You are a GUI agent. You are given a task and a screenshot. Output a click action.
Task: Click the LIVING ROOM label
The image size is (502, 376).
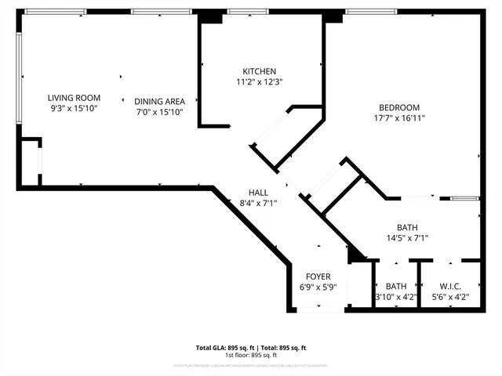click(x=72, y=97)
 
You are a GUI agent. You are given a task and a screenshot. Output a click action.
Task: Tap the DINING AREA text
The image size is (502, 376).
click(x=159, y=101)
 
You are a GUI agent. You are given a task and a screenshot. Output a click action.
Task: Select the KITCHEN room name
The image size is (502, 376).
click(x=259, y=71)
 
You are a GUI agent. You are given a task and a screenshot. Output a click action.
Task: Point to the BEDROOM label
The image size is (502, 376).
click(x=399, y=107)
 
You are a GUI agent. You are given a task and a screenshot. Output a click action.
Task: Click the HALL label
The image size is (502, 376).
click(x=258, y=192)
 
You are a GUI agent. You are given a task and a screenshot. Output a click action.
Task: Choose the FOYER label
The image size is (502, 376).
click(x=318, y=277)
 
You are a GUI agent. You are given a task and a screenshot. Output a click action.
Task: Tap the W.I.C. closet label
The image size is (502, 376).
click(x=451, y=286)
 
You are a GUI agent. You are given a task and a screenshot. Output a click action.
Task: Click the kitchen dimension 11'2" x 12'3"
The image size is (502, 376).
click(x=259, y=81)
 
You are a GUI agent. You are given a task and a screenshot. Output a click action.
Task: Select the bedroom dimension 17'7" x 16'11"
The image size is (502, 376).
click(x=399, y=118)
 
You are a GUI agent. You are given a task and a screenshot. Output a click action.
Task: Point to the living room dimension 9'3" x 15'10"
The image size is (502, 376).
click(x=72, y=108)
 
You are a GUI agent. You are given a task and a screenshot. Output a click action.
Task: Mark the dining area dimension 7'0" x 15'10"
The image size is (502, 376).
click(x=159, y=112)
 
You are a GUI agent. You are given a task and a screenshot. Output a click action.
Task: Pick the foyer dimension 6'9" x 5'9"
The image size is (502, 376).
click(x=318, y=287)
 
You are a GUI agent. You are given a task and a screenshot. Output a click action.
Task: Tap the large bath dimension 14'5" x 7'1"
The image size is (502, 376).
click(x=406, y=238)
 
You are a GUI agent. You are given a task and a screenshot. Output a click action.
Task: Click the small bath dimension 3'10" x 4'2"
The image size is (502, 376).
click(x=396, y=297)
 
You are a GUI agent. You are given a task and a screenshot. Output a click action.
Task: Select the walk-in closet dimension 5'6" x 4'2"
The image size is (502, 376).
click(x=451, y=297)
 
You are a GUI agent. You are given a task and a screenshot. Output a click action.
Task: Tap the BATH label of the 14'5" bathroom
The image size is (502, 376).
click(x=406, y=227)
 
